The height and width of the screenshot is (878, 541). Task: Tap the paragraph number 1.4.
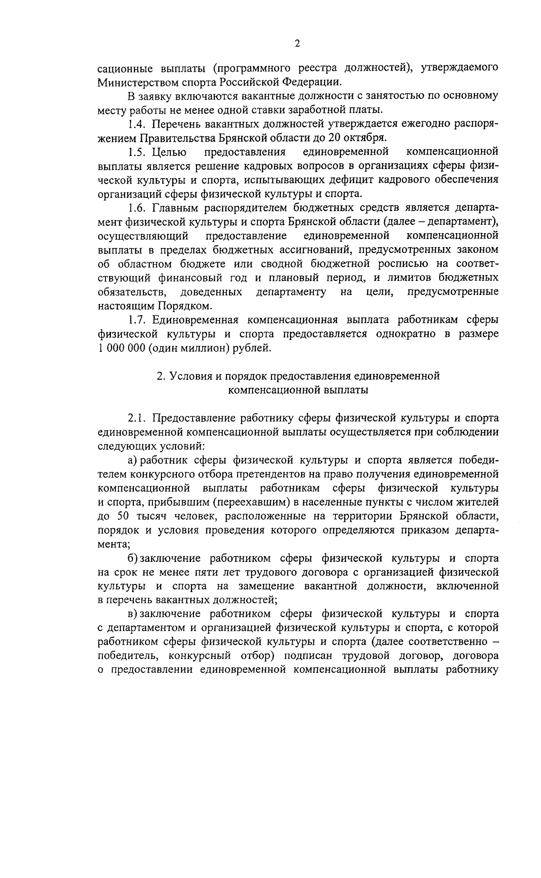click(x=136, y=124)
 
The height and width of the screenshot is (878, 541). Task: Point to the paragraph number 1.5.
click(x=136, y=152)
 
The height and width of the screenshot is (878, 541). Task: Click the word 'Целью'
click(x=170, y=152)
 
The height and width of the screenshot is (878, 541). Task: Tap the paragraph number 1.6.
click(x=136, y=207)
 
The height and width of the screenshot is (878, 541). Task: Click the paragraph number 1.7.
click(x=136, y=320)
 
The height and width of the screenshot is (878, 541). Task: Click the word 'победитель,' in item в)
click(x=123, y=656)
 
